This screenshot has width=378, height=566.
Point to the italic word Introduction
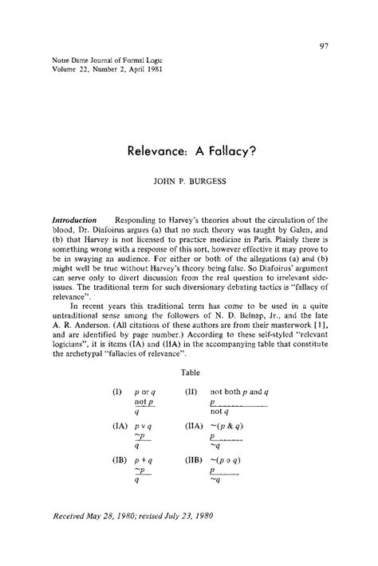tap(74, 219)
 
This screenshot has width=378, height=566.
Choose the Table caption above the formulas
tap(190, 370)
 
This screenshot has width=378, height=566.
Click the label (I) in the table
tap(116, 393)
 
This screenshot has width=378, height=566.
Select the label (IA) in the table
tap(120, 427)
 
